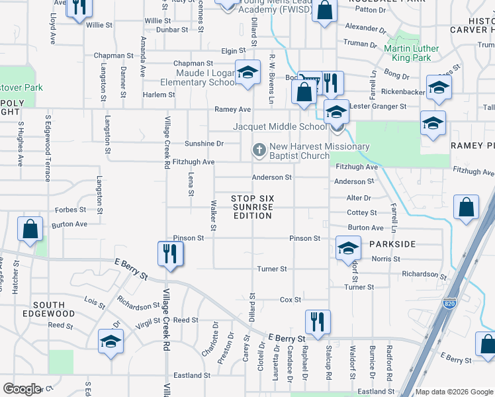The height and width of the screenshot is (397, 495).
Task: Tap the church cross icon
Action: (259, 151)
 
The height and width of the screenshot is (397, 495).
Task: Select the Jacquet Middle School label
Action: (279, 126)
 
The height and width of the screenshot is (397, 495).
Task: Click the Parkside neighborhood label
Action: (392, 244)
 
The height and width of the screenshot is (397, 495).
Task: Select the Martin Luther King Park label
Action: (411, 53)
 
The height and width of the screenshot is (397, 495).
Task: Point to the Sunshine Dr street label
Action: (204, 143)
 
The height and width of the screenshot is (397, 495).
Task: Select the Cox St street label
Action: (291, 300)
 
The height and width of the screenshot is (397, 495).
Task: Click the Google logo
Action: (22, 389)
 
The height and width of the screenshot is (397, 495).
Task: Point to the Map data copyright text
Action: (453, 392)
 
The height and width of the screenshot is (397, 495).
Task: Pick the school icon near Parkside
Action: (347, 247)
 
